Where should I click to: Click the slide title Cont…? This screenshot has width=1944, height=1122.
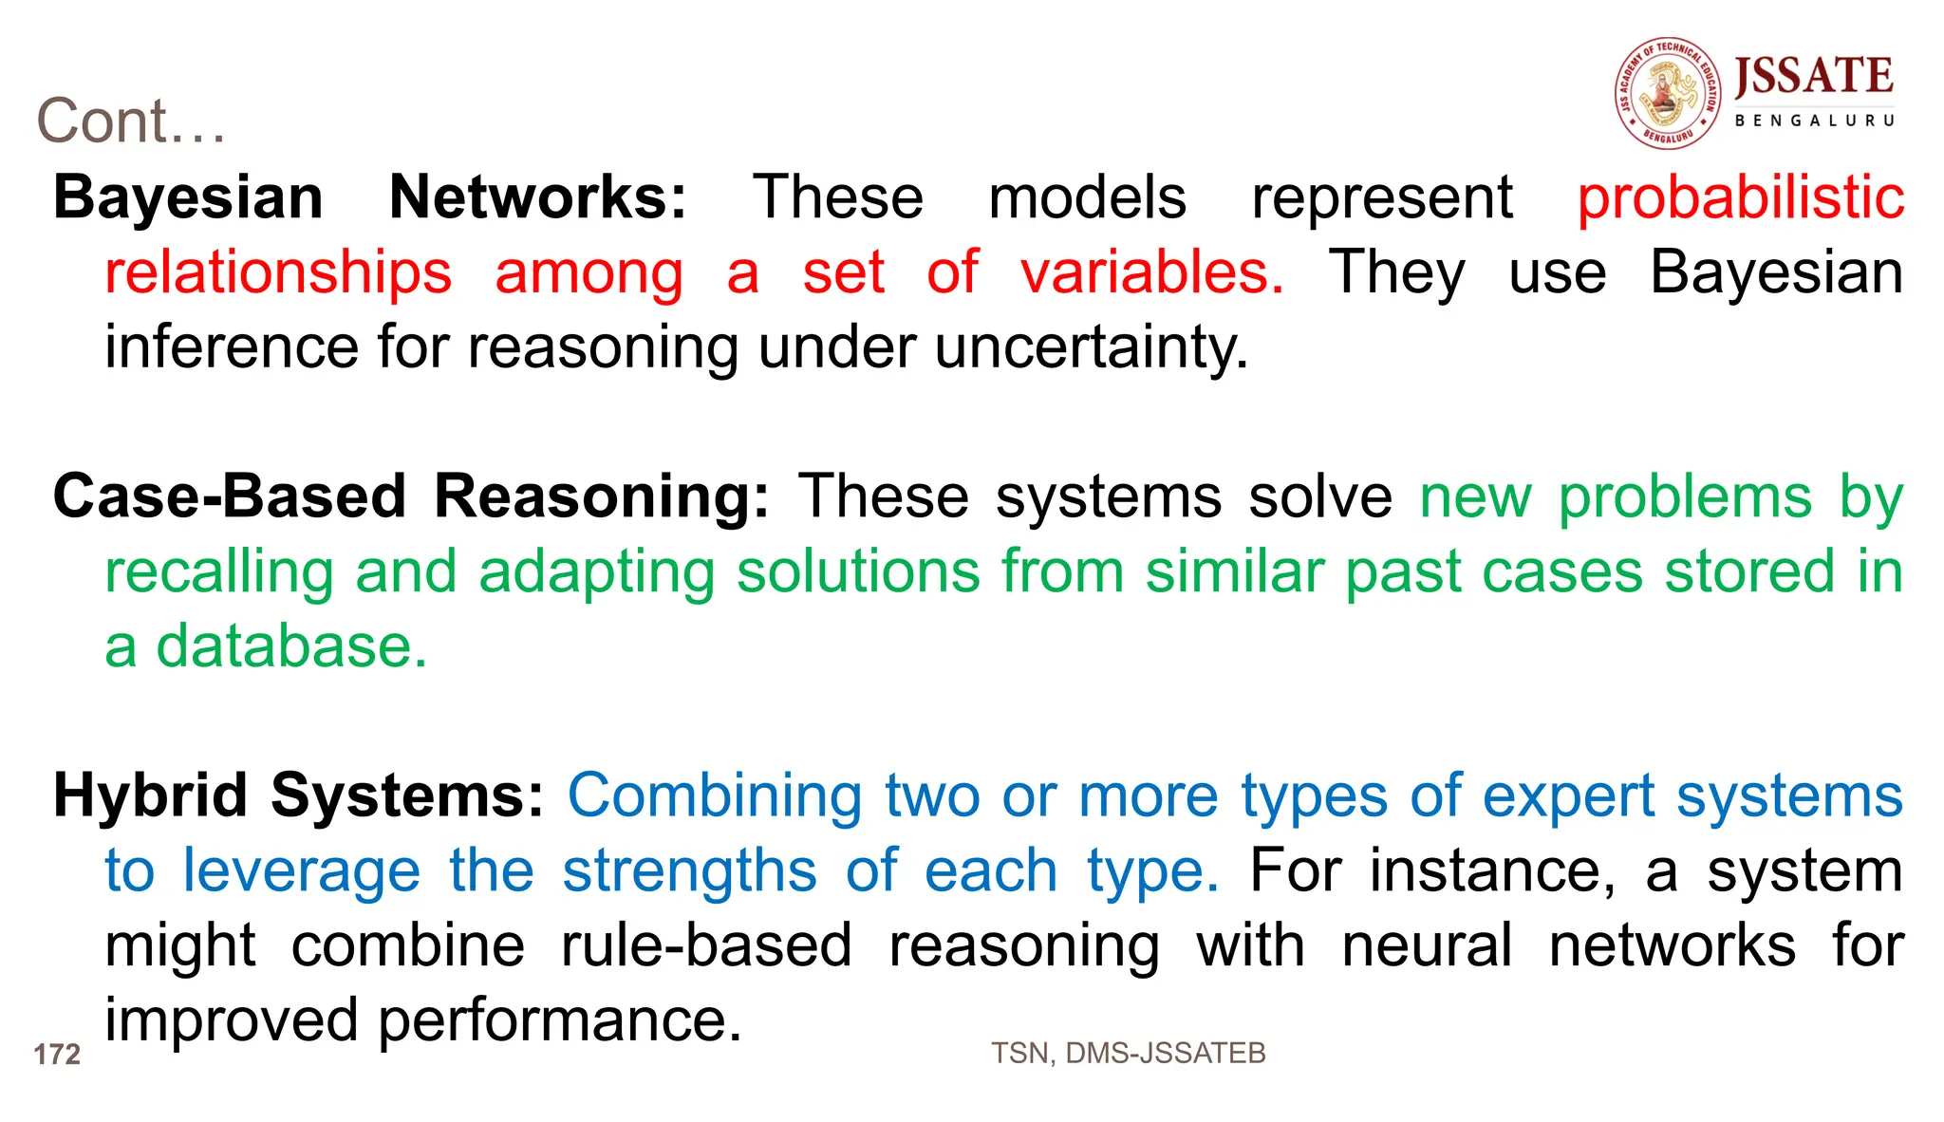coord(131,122)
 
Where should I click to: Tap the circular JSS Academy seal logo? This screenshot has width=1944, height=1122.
coord(1668,93)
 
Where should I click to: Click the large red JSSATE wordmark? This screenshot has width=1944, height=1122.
coord(1813,76)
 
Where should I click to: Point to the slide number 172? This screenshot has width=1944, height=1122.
coord(57,1055)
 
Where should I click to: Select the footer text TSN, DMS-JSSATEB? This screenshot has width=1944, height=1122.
coord(1128,1053)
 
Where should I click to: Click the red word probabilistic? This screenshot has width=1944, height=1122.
coord(1740,197)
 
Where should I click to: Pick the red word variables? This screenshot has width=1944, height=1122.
coord(1151,272)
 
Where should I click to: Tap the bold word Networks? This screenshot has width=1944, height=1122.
coord(537,197)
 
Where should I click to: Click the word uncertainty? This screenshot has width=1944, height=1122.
coord(1092,347)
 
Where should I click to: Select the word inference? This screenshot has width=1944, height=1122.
coord(231,347)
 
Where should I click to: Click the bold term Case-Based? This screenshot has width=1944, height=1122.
coord(229,496)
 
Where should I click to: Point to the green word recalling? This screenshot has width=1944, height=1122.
coord(218,572)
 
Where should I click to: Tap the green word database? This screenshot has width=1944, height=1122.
coord(291,647)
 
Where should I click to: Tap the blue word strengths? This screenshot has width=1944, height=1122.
coord(689,870)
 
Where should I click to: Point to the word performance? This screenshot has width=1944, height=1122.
coord(559,1020)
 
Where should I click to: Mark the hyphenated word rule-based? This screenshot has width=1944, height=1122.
coord(706,945)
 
